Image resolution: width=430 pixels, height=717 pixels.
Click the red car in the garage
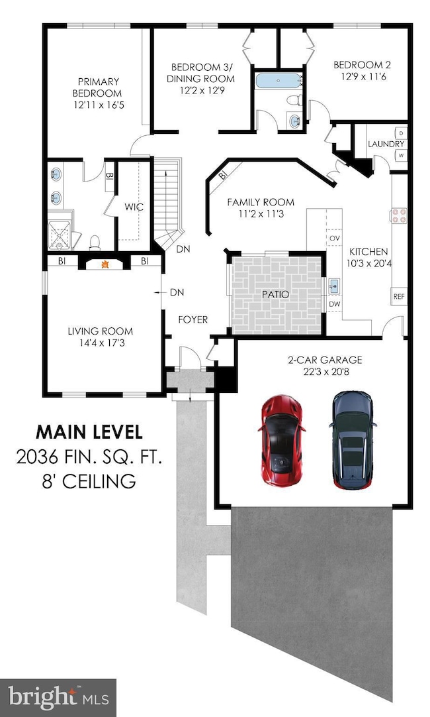click(x=281, y=440)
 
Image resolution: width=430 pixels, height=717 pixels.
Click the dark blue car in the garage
click(x=353, y=439)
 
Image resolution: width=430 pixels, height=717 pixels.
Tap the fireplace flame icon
click(x=105, y=264)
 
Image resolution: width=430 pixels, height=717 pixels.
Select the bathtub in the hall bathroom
click(x=279, y=81)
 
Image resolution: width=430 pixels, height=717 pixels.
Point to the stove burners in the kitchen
click(x=398, y=215)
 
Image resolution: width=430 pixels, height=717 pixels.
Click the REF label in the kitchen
click(x=399, y=297)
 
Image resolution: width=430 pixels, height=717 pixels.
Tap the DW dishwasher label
click(x=335, y=303)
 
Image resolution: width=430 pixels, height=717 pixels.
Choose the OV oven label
click(x=335, y=239)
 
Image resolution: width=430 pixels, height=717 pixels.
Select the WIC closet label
click(x=134, y=207)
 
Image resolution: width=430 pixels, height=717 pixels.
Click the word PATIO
click(x=275, y=294)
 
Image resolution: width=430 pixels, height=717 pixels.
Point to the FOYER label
click(x=193, y=319)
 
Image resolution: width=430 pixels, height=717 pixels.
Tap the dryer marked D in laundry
click(x=402, y=133)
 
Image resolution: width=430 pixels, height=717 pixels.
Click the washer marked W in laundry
click(x=402, y=156)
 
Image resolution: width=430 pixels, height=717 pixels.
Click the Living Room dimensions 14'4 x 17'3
click(x=101, y=343)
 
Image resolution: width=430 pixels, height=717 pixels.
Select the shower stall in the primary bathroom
click(x=60, y=236)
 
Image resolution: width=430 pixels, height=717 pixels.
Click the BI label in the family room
click(x=223, y=175)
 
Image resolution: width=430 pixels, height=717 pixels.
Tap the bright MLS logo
click(x=58, y=697)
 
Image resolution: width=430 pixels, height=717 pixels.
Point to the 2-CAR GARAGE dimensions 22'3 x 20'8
click(x=325, y=372)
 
